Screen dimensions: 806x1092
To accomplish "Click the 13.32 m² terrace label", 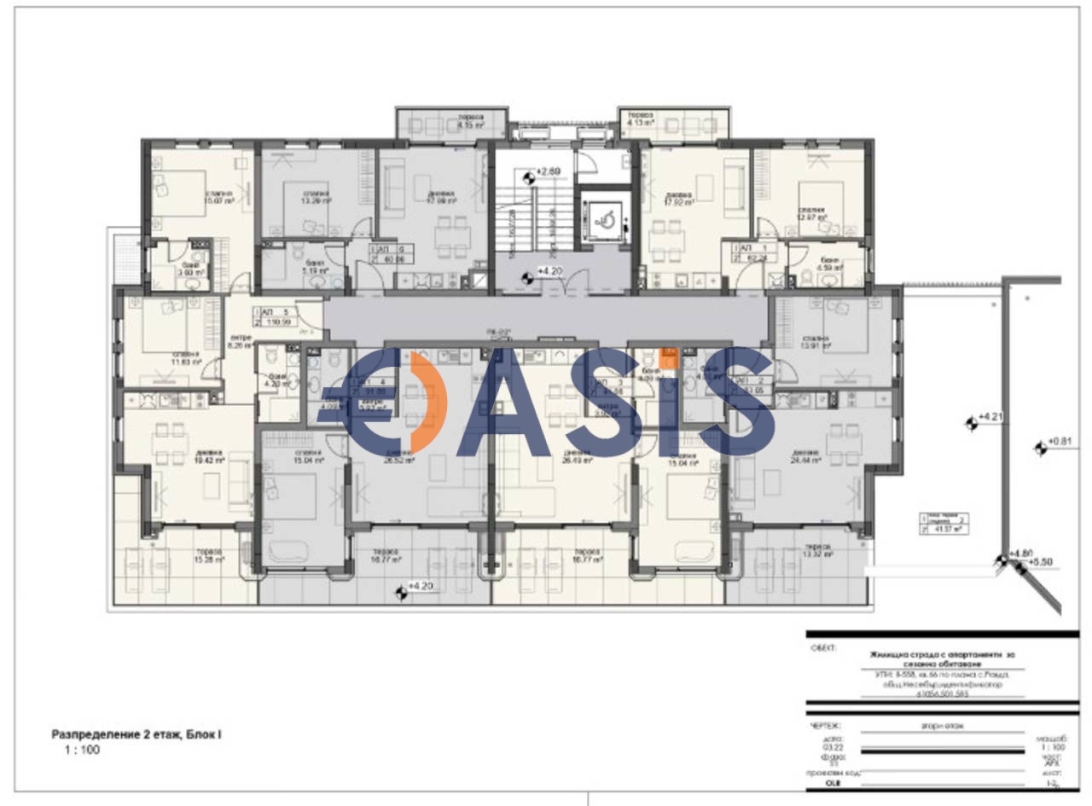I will pos(816,550).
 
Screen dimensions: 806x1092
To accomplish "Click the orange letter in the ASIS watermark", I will pos(424,401).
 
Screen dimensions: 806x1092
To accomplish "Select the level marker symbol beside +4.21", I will pos(970,421).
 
